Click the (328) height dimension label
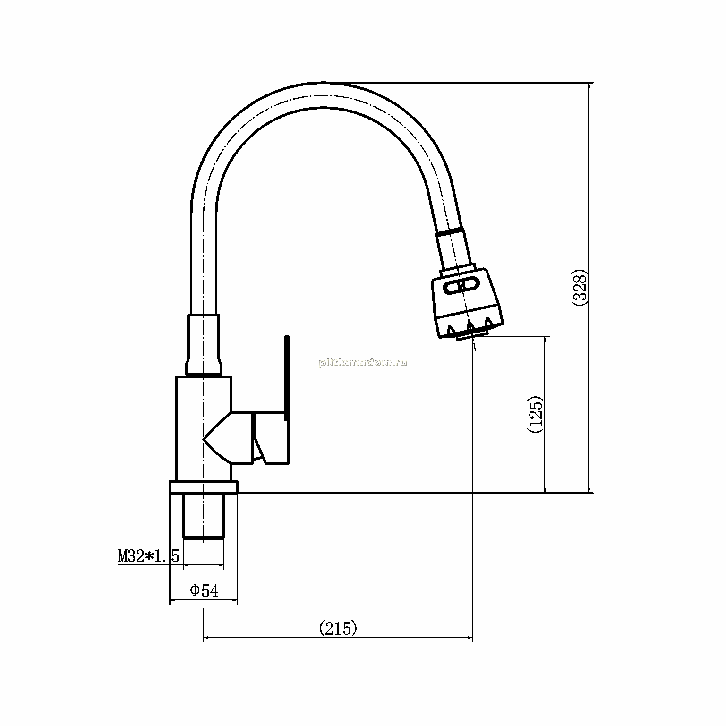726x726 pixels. pyautogui.click(x=579, y=288)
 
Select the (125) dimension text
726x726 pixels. pyautogui.click(x=535, y=414)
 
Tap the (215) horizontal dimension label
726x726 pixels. pyautogui.click(x=338, y=628)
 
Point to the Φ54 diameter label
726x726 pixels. pyautogui.click(x=205, y=590)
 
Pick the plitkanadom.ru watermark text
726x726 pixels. pyautogui.click(x=363, y=363)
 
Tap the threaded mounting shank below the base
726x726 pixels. pyautogui.click(x=203, y=516)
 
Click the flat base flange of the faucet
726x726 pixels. pyautogui.click(x=203, y=487)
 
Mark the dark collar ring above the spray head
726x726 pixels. pyautogui.click(x=451, y=231)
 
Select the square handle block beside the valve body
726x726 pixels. pyautogui.click(x=271, y=437)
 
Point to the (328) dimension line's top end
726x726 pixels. pyautogui.click(x=589, y=83)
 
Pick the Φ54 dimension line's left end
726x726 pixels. pyautogui.click(x=170, y=600)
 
